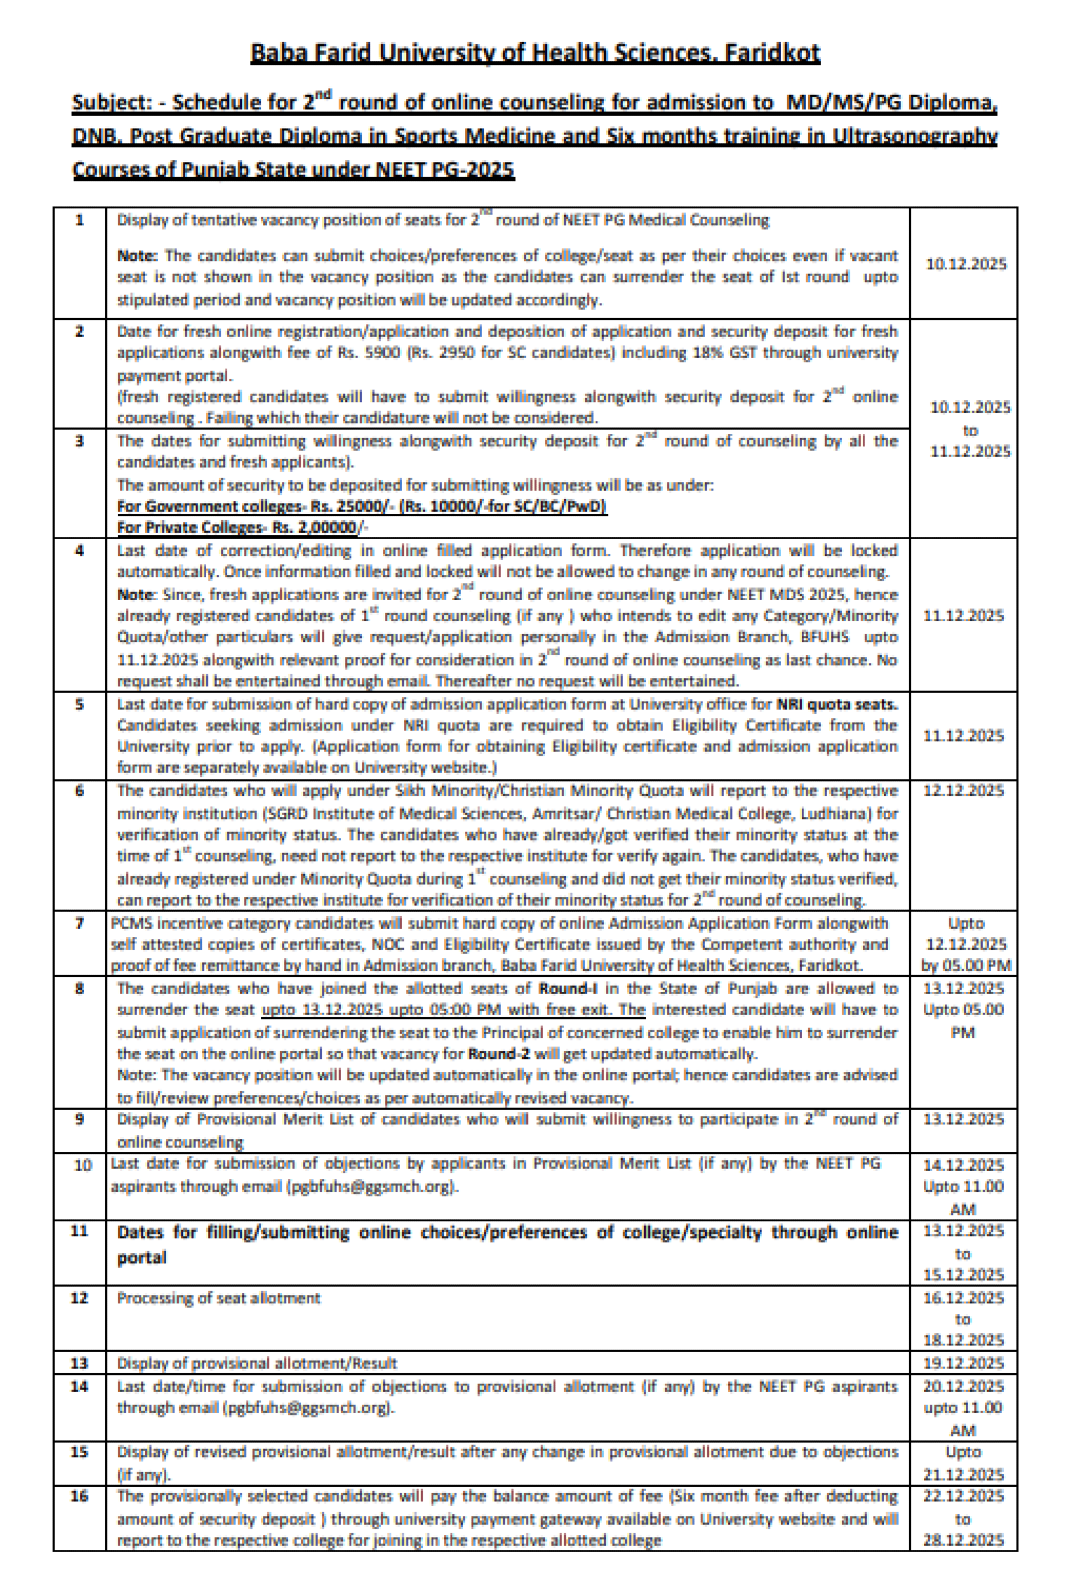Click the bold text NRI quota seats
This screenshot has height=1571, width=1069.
click(836, 704)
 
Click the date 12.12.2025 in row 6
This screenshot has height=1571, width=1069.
click(964, 790)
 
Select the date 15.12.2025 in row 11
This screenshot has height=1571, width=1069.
click(964, 1274)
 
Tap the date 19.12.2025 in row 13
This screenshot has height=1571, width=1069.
click(964, 1363)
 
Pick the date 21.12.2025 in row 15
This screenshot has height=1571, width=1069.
click(964, 1474)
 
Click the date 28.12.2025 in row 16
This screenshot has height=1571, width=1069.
click(964, 1541)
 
